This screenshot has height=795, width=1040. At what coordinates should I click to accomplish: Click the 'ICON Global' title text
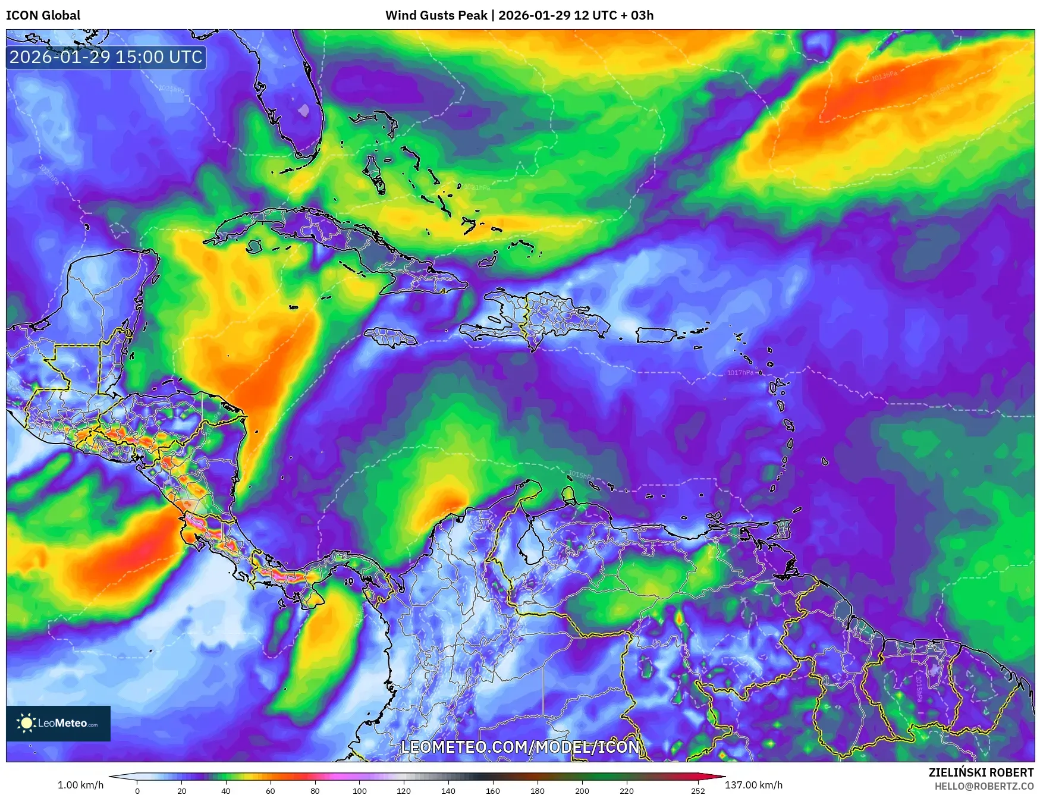[43, 15]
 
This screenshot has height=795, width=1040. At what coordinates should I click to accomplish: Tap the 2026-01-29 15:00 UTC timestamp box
[106, 57]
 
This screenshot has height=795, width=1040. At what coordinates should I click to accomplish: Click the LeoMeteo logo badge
[58, 723]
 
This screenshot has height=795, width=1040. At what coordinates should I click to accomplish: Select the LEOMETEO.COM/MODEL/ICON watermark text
[520, 747]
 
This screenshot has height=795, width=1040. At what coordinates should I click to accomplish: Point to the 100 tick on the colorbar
[360, 790]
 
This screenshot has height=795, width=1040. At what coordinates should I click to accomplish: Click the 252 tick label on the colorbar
[698, 790]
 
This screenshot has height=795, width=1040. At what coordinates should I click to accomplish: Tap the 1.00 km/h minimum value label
[80, 785]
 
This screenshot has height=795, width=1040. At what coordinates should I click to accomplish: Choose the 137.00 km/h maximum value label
[753, 785]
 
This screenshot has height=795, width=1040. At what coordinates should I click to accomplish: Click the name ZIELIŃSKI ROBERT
[981, 772]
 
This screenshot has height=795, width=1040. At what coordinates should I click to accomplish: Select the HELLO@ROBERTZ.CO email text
[984, 786]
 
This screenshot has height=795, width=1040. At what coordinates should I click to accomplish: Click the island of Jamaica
[391, 337]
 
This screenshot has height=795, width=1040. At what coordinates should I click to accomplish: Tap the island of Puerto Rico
[656, 335]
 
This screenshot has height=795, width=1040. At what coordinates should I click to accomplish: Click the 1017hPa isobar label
[740, 373]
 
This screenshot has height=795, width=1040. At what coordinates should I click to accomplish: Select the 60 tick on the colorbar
[271, 790]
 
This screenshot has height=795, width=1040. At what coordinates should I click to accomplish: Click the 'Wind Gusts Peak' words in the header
[436, 15]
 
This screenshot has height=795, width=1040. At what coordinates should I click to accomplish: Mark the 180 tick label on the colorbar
[537, 790]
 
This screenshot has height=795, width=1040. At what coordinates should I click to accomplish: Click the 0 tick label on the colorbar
[137, 790]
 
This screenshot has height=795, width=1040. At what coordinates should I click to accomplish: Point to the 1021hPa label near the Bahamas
[477, 187]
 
